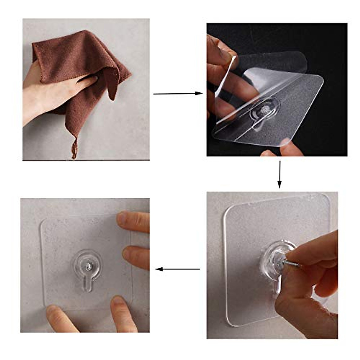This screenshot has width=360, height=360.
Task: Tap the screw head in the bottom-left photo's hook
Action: [x=87, y=266]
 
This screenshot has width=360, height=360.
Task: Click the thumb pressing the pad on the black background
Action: [x=285, y=147]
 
